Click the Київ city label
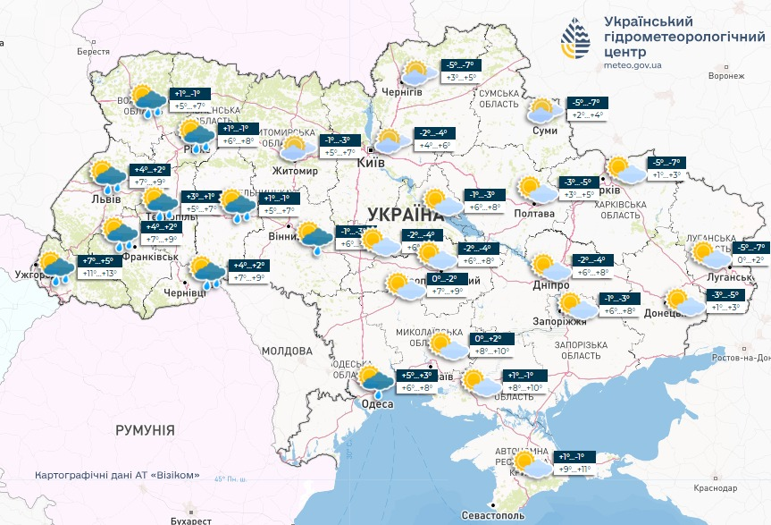pyautogui.click(x=370, y=163)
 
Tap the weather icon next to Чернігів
pyautogui.click(x=415, y=73)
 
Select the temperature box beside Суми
pyautogui.click(x=586, y=108)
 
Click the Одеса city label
pyautogui.click(x=376, y=404)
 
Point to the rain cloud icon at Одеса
pyautogui.click(x=375, y=381)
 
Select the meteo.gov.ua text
pyautogui.click(x=633, y=65)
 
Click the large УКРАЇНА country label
pyautogui.click(x=405, y=215)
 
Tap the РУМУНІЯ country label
pyautogui.click(x=145, y=430)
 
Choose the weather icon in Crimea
pyautogui.click(x=530, y=463)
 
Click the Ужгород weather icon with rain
pyautogui.click(x=56, y=268)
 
